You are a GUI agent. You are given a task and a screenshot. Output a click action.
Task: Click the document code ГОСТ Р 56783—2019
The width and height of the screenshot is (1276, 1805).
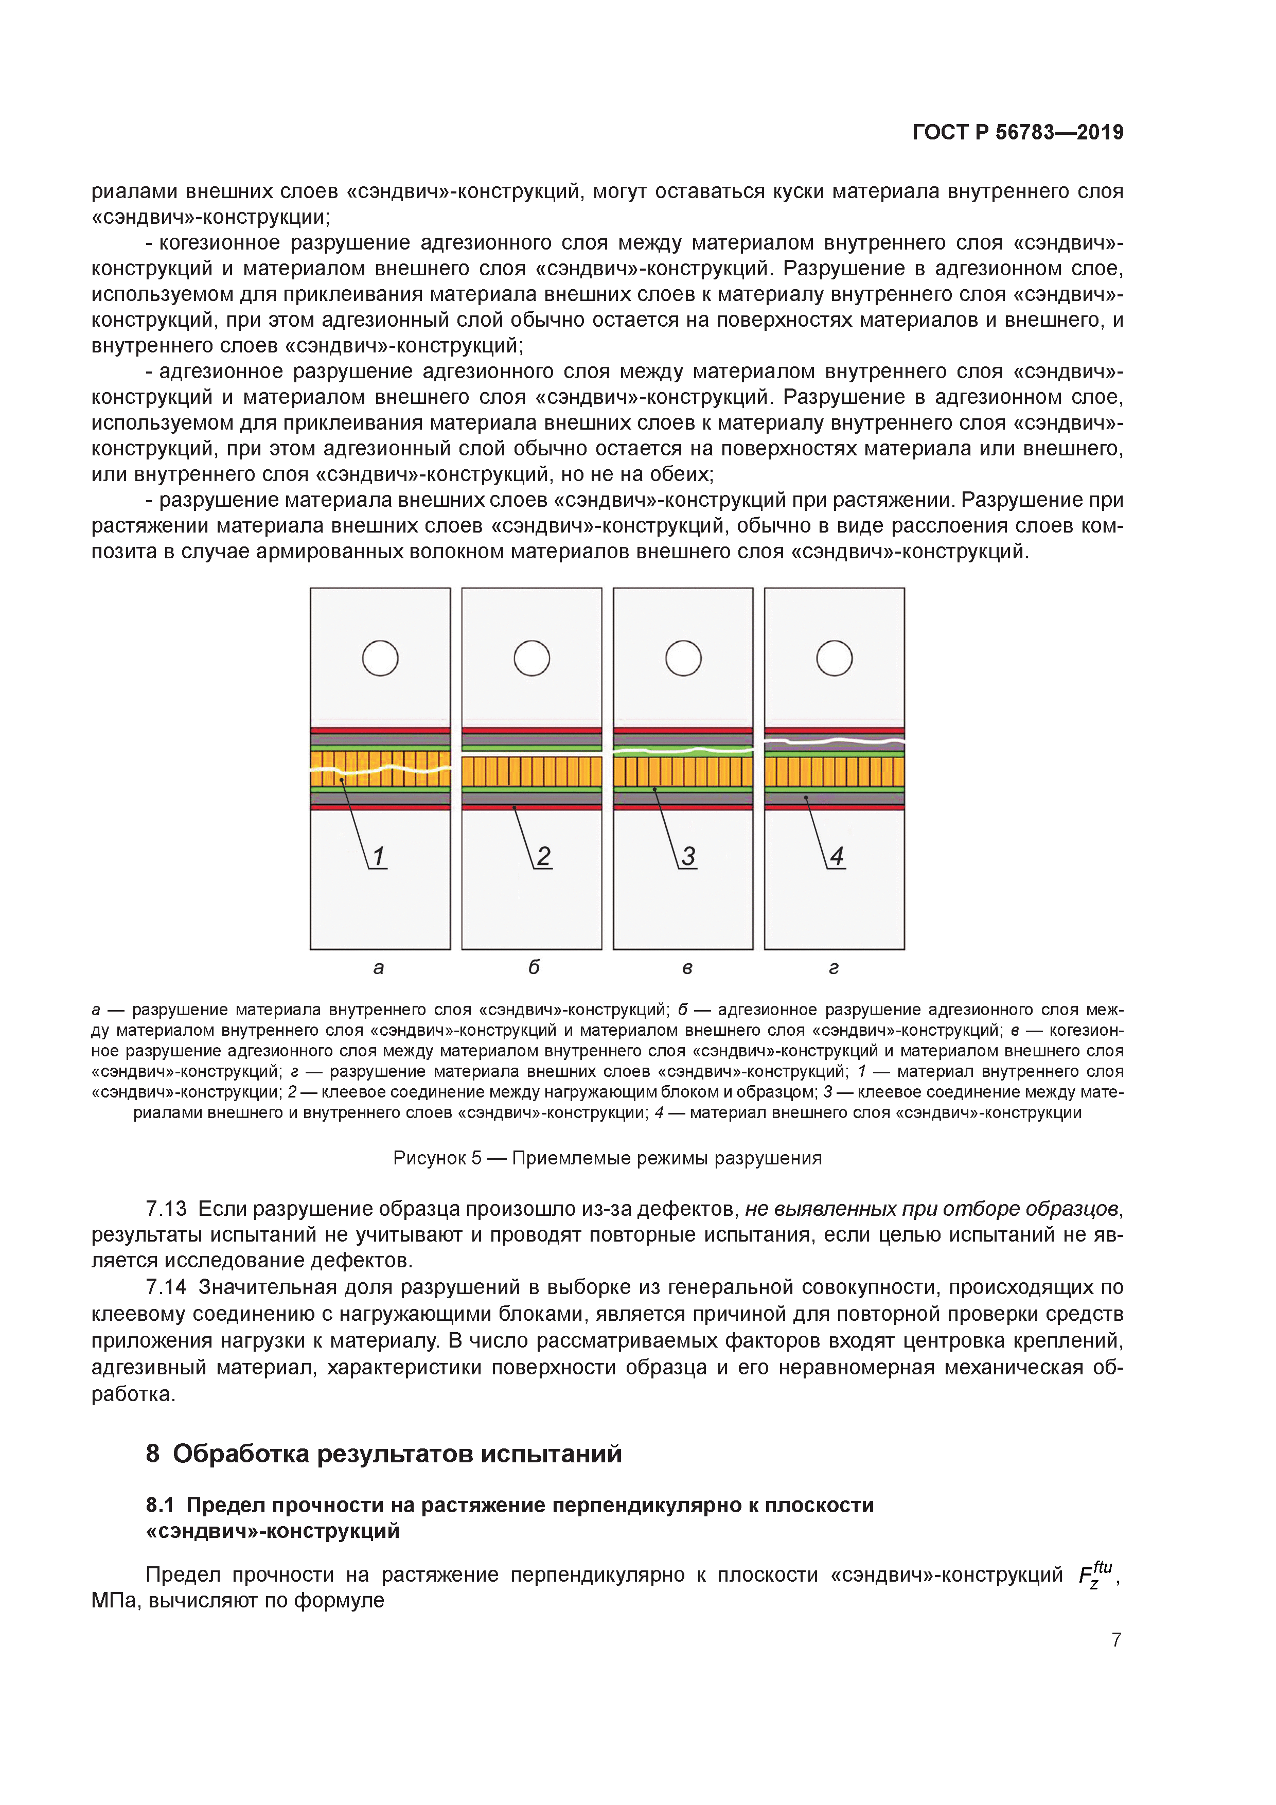(x=1017, y=132)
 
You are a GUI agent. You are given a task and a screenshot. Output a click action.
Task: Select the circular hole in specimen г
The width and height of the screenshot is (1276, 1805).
(x=834, y=658)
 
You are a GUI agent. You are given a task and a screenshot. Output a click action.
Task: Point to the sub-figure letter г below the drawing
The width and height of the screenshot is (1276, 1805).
(x=834, y=968)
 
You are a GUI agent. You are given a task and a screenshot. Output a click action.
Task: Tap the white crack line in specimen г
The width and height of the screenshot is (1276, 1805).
(x=834, y=740)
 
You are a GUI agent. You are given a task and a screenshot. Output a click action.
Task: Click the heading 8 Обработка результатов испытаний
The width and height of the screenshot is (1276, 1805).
(x=384, y=1454)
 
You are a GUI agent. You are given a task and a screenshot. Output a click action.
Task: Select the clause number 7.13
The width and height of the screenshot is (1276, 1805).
(x=166, y=1208)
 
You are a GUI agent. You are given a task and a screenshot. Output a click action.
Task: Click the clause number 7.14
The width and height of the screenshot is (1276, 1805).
(x=166, y=1287)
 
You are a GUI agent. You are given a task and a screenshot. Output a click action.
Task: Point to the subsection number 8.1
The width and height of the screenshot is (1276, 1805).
(x=159, y=1505)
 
